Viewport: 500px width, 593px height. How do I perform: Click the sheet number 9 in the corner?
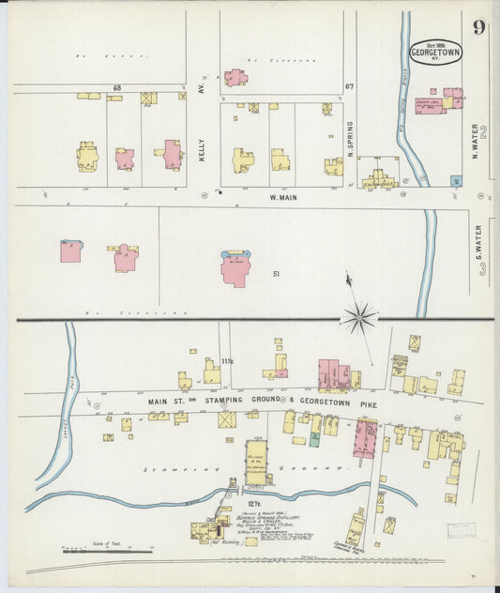coord(478,26)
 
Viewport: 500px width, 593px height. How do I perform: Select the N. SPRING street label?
coord(349,137)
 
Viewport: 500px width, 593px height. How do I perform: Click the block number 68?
coord(117,88)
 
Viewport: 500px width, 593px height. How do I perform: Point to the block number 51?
coord(276,274)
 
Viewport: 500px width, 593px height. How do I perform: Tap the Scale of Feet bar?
coord(94,549)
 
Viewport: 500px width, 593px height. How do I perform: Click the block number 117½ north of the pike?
coord(227,360)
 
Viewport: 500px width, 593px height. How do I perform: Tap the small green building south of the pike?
coord(315,437)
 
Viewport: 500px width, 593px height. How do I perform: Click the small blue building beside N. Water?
coord(456,180)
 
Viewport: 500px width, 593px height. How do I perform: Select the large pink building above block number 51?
coord(234,269)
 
